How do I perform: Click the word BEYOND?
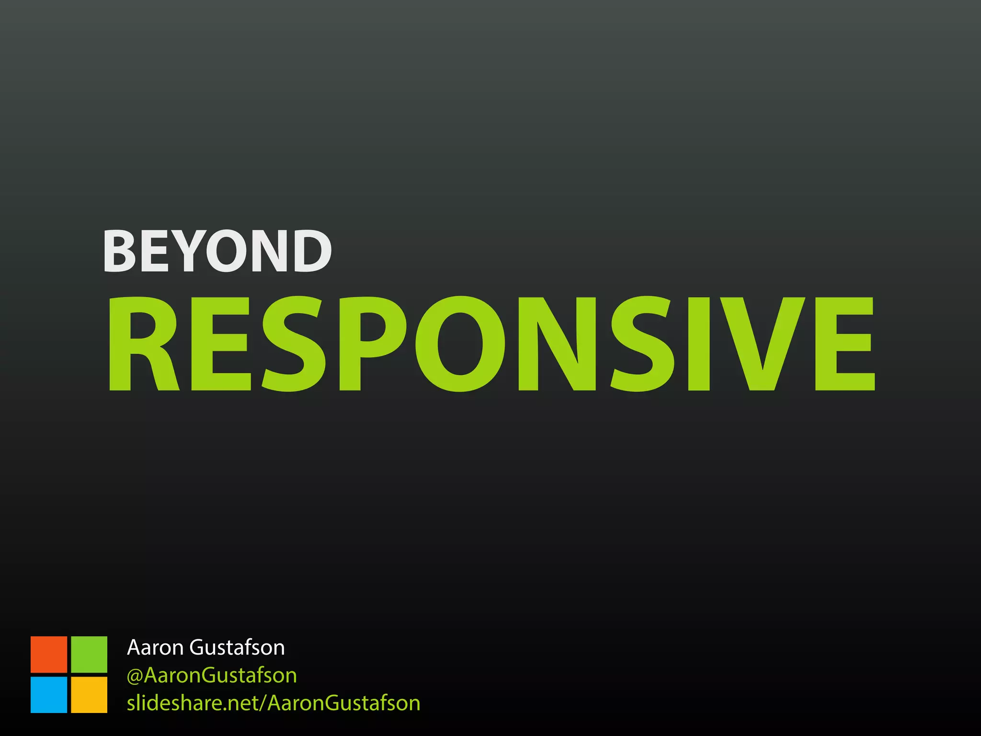217,251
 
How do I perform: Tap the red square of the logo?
49,654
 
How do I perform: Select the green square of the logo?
89,654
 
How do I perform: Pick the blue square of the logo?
49,694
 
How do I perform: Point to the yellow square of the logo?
89,694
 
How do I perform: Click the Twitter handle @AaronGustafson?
212,675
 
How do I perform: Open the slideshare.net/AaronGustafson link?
274,703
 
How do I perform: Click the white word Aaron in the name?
155,647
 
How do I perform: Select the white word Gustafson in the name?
237,647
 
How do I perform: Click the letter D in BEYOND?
310,251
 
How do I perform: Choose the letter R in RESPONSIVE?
143,344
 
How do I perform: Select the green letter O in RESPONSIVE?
460,344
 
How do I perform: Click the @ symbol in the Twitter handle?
135,676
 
